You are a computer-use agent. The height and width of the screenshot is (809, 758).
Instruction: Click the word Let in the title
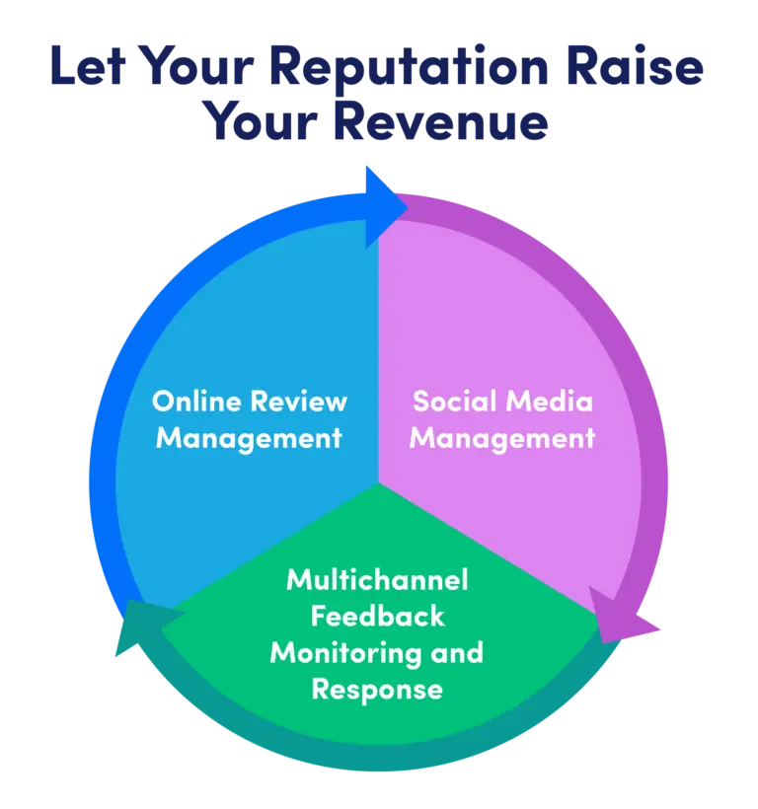88,69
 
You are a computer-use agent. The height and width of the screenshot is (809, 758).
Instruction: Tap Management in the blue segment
249,437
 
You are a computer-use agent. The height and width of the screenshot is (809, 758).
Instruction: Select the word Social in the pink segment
454,402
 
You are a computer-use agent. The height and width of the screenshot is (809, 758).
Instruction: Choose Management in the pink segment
502,437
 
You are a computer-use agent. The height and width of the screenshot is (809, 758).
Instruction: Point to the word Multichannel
377,580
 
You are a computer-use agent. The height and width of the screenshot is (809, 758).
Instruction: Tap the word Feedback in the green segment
377,617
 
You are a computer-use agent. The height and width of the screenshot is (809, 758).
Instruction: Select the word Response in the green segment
377,689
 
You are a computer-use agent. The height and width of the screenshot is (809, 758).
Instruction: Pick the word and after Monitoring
457,652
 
